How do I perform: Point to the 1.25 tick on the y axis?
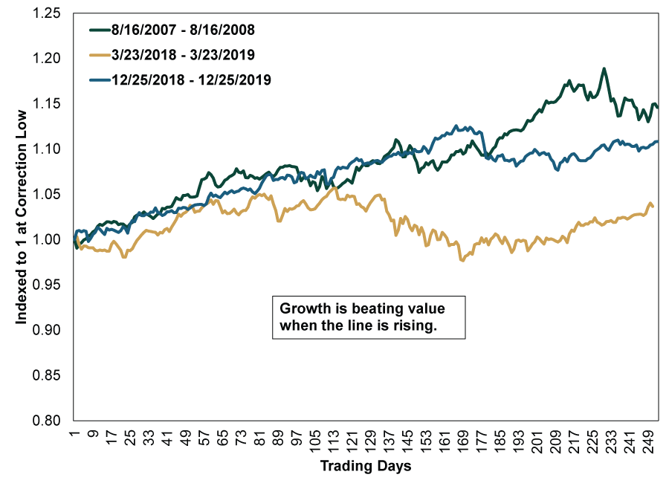[54, 13]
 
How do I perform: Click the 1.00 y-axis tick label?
[54, 239]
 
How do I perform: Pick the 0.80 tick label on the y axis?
[54, 421]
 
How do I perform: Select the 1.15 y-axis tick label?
[54, 103]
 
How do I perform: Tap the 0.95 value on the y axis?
[54, 285]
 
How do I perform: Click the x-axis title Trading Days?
[365, 467]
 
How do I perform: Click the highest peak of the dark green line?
[604, 68]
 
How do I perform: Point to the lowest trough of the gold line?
[462, 261]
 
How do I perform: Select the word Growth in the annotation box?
[302, 309]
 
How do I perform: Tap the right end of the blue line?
[657, 141]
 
